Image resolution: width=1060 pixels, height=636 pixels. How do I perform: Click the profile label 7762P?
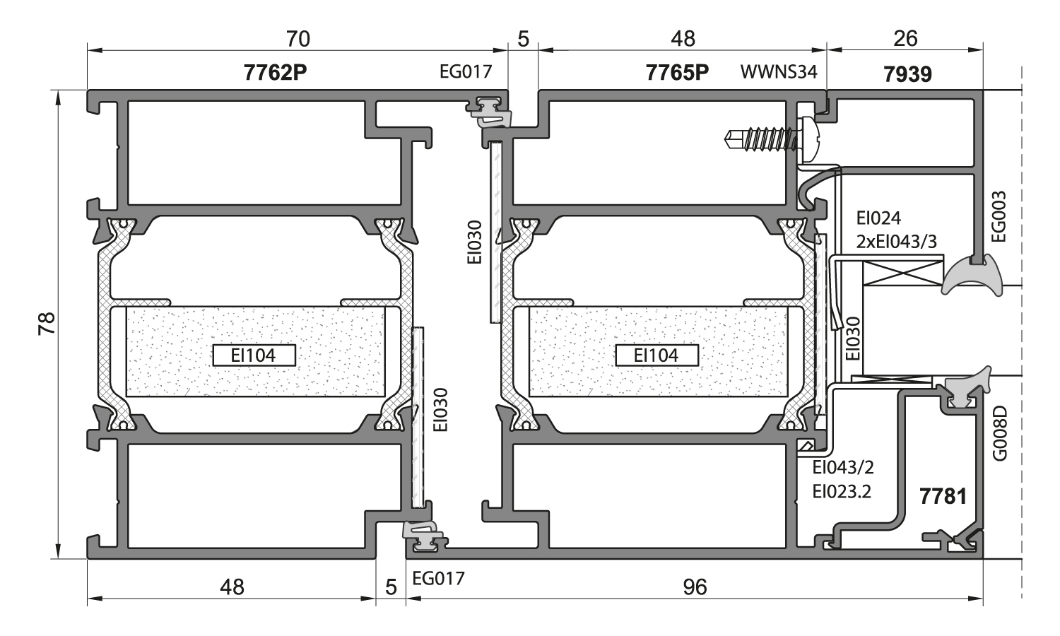275,73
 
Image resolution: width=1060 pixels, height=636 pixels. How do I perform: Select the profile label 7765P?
677,73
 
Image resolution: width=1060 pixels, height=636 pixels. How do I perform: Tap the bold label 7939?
907,73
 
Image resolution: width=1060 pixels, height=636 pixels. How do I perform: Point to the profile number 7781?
943,496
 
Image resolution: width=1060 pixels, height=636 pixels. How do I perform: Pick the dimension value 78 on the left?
47,324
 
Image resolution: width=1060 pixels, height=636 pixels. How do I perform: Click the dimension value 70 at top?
298,38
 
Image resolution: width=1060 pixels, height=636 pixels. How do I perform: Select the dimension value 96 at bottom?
695,587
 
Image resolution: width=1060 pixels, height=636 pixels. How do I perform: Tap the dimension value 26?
905,38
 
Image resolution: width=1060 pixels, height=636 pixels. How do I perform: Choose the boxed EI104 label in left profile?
254,355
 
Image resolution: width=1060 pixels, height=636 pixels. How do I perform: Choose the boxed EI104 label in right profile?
656,355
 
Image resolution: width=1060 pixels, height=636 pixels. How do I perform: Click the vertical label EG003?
999,216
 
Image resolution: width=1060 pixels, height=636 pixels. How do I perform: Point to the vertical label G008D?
999,433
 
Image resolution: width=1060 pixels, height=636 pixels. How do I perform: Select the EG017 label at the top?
465,72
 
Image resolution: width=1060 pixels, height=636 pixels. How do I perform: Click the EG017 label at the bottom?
438,579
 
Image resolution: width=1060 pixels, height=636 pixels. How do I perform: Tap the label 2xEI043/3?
896,242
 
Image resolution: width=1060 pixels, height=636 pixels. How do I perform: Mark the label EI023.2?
842,491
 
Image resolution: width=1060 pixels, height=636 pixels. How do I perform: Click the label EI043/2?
843,468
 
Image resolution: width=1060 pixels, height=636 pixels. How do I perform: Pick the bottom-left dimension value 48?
232,587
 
